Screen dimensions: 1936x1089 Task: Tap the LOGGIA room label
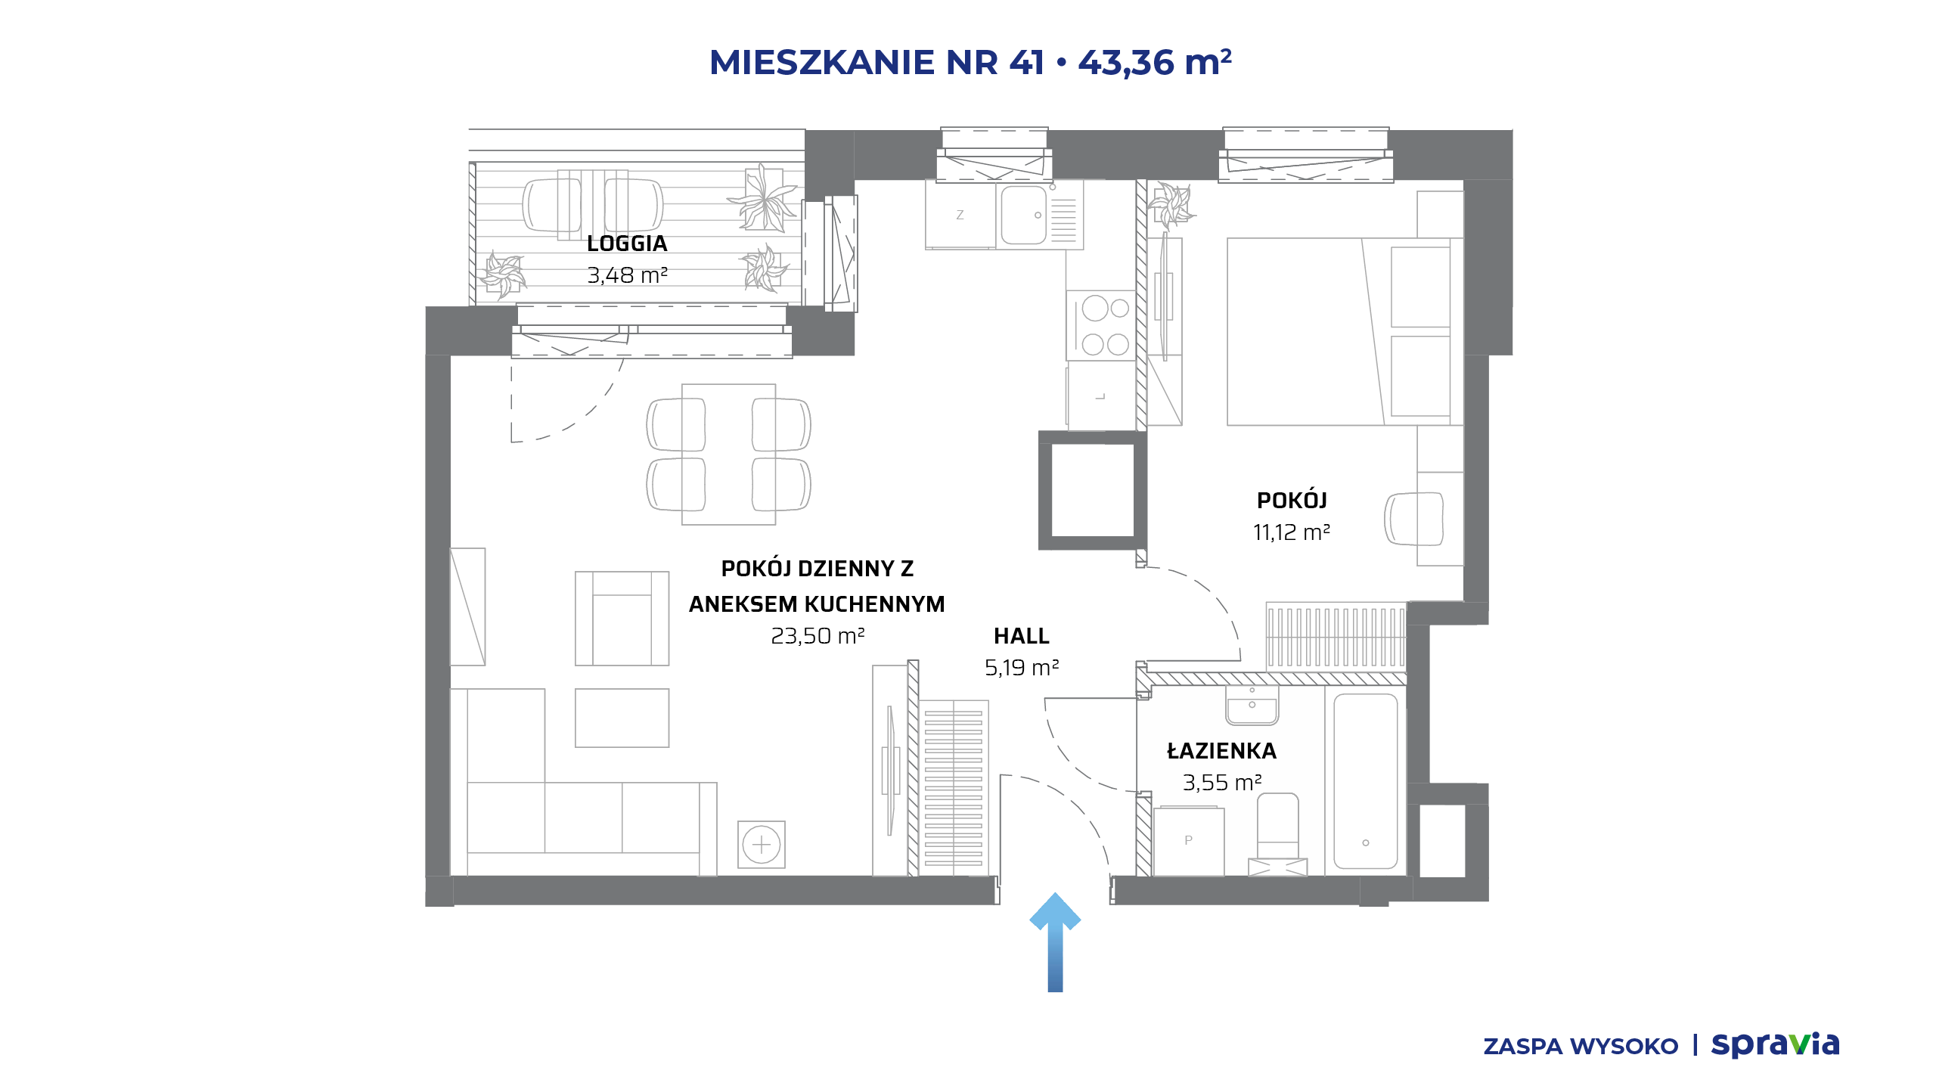coord(627,244)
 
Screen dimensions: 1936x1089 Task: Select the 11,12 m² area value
coord(1292,532)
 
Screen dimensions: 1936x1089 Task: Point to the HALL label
coord(1022,636)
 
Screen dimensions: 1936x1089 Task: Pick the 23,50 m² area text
coord(818,636)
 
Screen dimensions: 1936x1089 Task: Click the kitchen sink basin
coord(1024,215)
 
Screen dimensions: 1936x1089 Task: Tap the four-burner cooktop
coord(1102,326)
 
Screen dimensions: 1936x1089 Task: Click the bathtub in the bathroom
coord(1365,781)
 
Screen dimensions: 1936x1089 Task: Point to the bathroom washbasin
coord(1252,706)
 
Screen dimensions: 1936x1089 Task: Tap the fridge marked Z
coord(960,215)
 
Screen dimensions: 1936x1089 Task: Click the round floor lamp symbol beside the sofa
coord(762,844)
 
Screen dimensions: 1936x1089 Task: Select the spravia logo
coord(1775,1045)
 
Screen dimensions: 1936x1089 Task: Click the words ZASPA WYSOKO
coord(1581,1047)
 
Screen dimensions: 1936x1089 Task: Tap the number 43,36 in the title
coord(1126,62)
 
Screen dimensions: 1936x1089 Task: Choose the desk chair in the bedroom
coord(1413,519)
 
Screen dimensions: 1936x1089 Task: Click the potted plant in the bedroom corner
coord(1171,204)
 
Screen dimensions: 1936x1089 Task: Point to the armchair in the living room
coord(622,619)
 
